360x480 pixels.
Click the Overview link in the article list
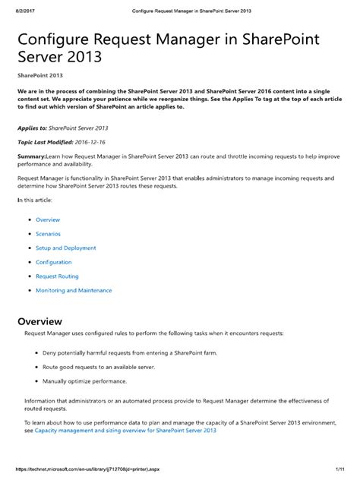(47, 219)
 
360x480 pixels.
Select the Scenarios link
(48, 234)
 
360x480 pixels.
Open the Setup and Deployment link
(65, 248)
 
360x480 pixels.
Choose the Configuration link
(53, 262)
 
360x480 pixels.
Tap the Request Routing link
(57, 276)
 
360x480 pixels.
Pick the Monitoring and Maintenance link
(74, 290)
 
